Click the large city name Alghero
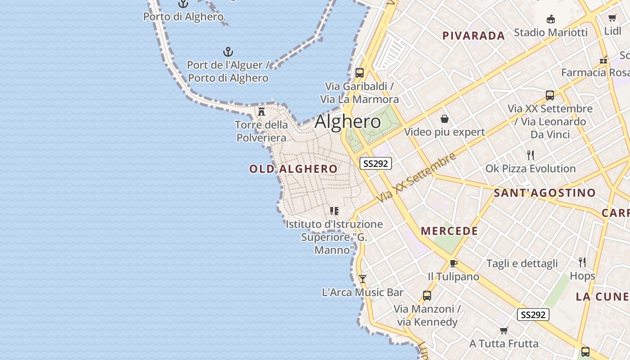[x=347, y=121]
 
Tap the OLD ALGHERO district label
[x=293, y=169]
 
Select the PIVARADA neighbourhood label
[x=473, y=36]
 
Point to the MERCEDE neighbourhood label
[x=449, y=231]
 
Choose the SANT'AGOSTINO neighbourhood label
[x=544, y=193]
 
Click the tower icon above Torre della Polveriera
[x=261, y=111]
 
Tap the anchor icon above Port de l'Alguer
[x=228, y=52]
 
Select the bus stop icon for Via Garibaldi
[x=359, y=72]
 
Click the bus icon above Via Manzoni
[x=427, y=296]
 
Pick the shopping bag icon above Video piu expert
[x=445, y=119]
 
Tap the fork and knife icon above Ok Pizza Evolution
[x=531, y=155]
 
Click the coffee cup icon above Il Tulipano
[x=453, y=263]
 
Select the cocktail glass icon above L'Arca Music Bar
[x=362, y=279]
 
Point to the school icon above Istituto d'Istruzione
[x=334, y=211]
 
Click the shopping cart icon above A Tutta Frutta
[x=504, y=331]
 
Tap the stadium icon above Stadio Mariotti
[x=550, y=19]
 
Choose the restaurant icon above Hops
[x=582, y=262]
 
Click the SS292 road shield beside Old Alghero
[x=376, y=163]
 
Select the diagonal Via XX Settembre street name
[x=416, y=177]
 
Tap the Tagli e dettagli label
[x=522, y=264]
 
